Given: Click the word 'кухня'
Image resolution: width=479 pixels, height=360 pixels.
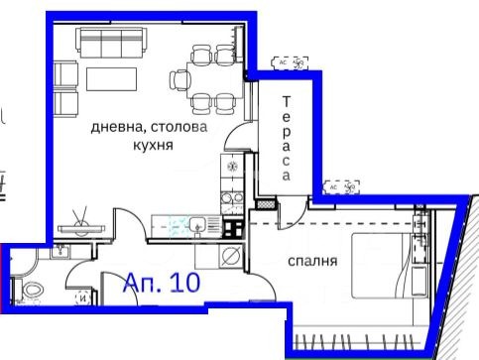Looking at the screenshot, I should click(x=152, y=144).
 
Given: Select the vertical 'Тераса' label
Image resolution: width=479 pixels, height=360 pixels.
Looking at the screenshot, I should click(x=285, y=137).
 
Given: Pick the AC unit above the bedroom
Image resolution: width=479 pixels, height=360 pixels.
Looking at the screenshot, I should click(x=342, y=185).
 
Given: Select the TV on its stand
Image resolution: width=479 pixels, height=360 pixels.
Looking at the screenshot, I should click(x=78, y=225).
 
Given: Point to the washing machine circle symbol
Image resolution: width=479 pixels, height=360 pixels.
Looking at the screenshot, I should click(x=230, y=258).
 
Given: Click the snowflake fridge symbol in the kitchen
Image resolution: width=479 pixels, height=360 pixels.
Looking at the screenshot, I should click(x=232, y=167).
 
